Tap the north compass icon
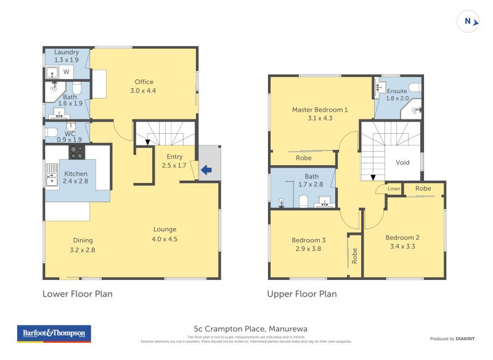click(x=469, y=22)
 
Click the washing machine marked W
click(x=67, y=72)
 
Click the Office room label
click(x=144, y=86)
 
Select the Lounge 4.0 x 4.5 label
click(x=165, y=234)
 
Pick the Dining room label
click(x=82, y=245)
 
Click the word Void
click(x=402, y=163)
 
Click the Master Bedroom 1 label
click(x=320, y=113)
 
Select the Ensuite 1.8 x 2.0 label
click(x=397, y=94)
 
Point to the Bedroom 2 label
click(x=402, y=241)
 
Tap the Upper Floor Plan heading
click(x=302, y=294)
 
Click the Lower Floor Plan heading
click(x=77, y=294)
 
